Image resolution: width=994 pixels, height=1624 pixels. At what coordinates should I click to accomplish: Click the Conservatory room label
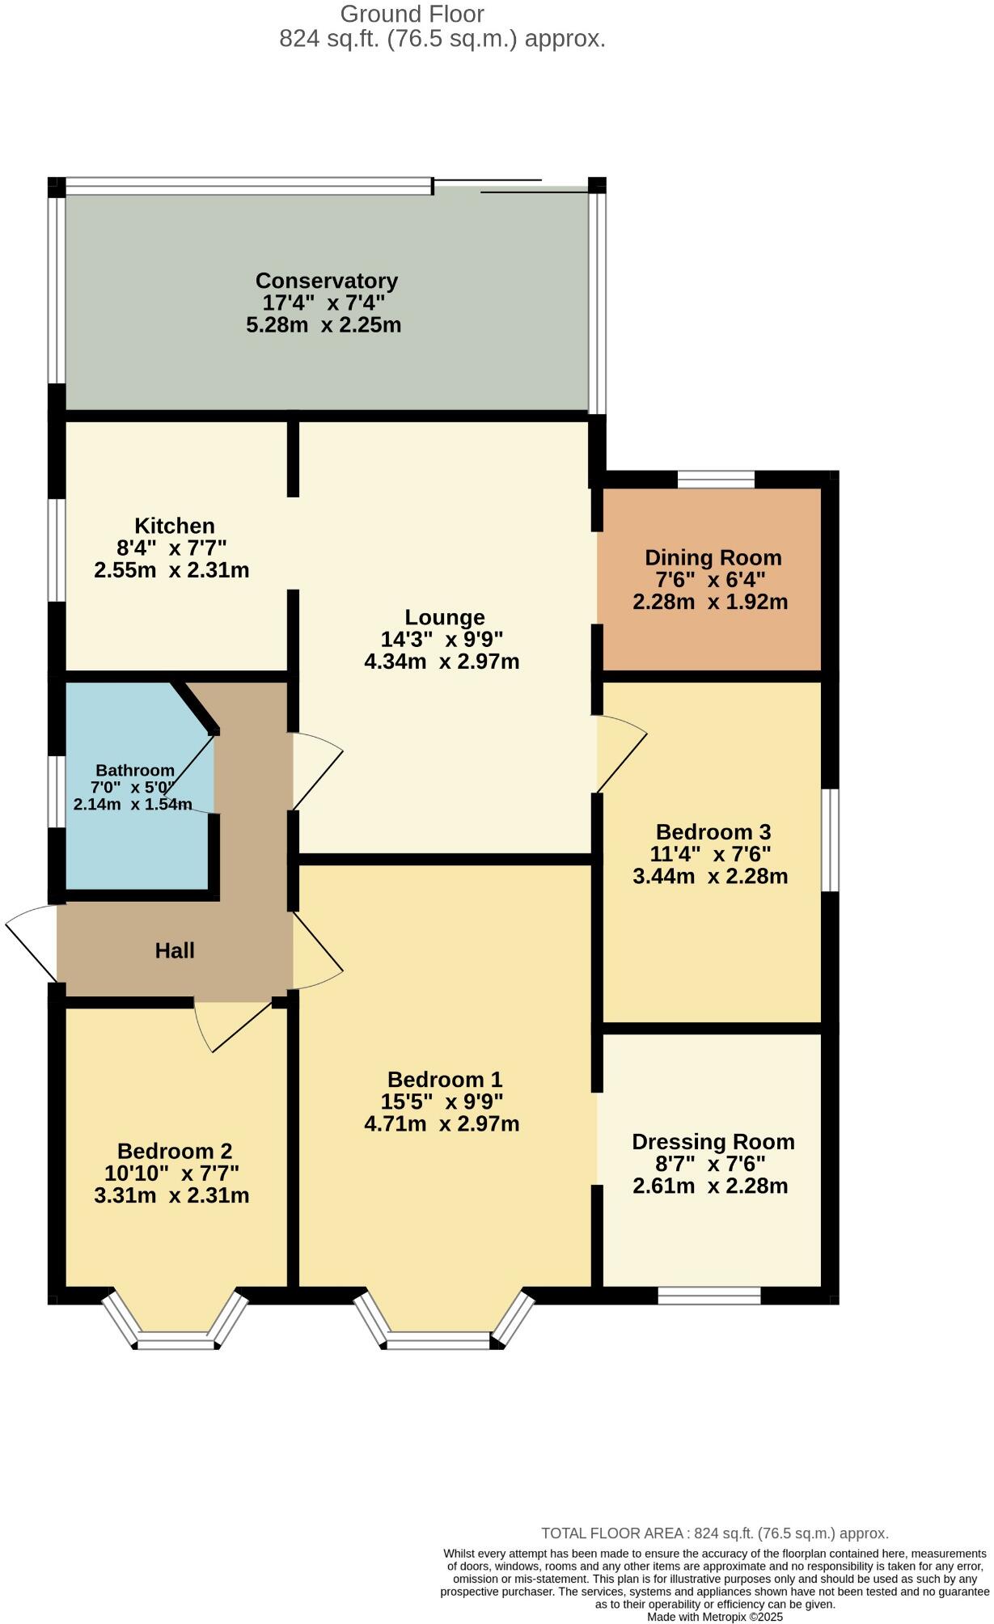(326, 281)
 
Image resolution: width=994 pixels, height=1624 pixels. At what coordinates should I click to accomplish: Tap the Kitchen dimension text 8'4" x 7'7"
(171, 548)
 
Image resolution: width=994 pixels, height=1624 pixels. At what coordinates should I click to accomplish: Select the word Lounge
(445, 617)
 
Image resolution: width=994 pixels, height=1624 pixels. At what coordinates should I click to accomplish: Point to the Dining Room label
(713, 557)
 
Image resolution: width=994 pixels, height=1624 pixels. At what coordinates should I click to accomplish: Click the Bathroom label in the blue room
(135, 770)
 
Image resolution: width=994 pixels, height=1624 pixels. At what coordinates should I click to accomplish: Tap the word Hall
(175, 950)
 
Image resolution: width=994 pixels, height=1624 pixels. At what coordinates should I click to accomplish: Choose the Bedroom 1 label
(445, 1079)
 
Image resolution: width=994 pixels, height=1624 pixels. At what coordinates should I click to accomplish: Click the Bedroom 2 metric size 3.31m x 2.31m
(171, 1195)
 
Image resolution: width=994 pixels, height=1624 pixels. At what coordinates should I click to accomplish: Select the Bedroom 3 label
(713, 831)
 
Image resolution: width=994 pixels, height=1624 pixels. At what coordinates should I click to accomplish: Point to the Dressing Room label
(713, 1141)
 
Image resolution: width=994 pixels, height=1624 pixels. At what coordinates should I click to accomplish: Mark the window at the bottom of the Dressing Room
(709, 1296)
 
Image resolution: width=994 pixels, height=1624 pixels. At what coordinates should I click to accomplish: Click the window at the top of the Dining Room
(716, 479)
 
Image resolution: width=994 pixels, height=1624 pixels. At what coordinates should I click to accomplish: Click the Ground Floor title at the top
(412, 14)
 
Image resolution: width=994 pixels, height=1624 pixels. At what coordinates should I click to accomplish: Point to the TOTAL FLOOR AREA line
(714, 1533)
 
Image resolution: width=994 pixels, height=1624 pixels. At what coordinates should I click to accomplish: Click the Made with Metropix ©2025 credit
(714, 1618)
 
